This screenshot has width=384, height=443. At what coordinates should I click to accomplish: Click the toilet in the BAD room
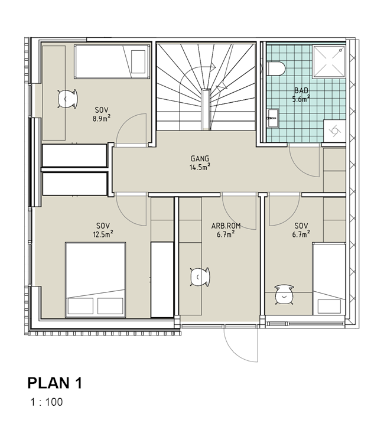tap(276, 69)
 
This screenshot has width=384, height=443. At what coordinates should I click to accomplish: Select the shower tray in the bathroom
tap(329, 61)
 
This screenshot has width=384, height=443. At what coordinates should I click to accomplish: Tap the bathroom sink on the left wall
tap(272, 118)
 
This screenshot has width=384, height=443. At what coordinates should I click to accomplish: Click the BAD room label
tap(301, 91)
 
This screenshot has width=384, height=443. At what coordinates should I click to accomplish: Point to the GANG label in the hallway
tap(200, 158)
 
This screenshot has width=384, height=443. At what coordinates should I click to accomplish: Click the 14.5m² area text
tap(200, 167)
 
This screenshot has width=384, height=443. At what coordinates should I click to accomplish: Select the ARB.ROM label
tap(226, 226)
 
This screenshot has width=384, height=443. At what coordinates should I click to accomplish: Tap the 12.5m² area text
tap(103, 234)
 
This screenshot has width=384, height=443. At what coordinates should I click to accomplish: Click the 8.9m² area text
tap(102, 118)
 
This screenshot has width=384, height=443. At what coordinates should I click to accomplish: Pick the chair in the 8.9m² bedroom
tap(67, 99)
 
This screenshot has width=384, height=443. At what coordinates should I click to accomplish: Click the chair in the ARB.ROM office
tap(200, 277)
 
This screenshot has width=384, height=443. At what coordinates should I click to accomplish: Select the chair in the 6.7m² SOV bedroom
tap(284, 295)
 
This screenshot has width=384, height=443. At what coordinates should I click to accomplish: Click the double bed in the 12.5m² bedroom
tap(95, 280)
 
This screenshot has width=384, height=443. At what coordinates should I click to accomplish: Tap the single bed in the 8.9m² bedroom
tap(112, 61)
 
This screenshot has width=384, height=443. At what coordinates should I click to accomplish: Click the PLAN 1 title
tap(55, 383)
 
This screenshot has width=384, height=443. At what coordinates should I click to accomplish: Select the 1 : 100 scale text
tap(47, 402)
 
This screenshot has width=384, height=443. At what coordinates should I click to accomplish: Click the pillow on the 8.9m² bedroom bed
tap(138, 61)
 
